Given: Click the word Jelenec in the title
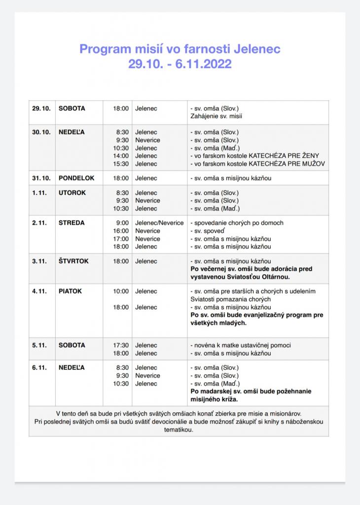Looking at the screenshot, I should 257,49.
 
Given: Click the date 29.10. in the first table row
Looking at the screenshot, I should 41,108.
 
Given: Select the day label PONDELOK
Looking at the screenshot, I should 76,178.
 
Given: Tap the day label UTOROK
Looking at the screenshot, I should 72,193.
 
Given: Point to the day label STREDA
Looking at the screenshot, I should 72,223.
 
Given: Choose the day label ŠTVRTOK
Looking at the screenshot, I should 73,261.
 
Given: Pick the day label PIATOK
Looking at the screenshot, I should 70,291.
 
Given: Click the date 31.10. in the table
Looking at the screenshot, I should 41,178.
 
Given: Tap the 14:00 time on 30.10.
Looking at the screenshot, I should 121,156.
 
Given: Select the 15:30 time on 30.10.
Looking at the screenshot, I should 121,164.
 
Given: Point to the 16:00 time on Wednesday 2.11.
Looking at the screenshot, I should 121,231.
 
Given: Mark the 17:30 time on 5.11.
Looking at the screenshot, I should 121,346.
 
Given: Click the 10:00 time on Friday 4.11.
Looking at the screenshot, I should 121,291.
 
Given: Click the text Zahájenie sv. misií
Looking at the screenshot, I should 216,116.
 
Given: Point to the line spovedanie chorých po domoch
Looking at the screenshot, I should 237,223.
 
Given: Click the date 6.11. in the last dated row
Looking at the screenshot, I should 39,368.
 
